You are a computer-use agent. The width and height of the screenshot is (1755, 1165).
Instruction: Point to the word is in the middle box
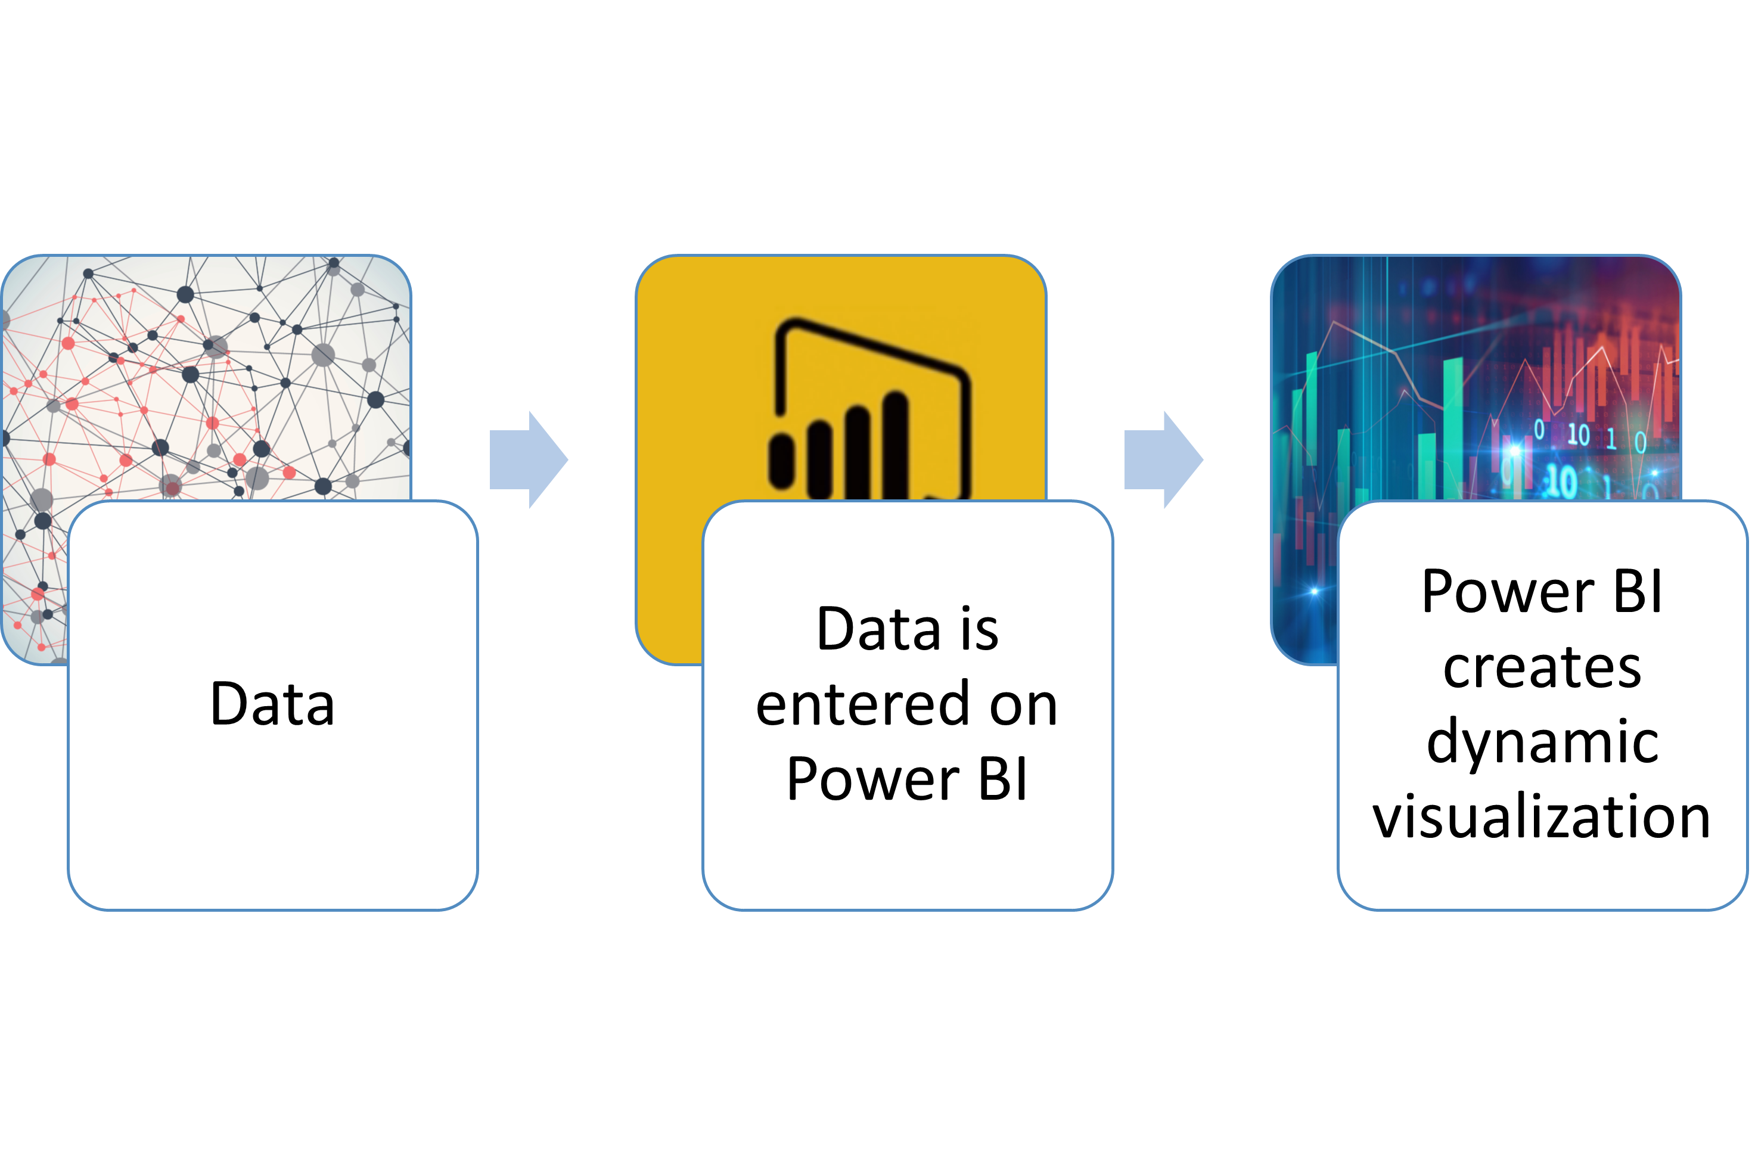click(x=979, y=629)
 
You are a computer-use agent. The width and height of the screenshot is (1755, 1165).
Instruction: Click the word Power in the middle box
click(x=873, y=779)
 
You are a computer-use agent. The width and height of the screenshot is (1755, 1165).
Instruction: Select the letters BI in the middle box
click(x=1003, y=779)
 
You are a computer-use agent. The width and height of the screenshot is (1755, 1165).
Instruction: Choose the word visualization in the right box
click(x=1542, y=816)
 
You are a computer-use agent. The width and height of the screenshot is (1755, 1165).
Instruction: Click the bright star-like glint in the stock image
click(x=1313, y=591)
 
